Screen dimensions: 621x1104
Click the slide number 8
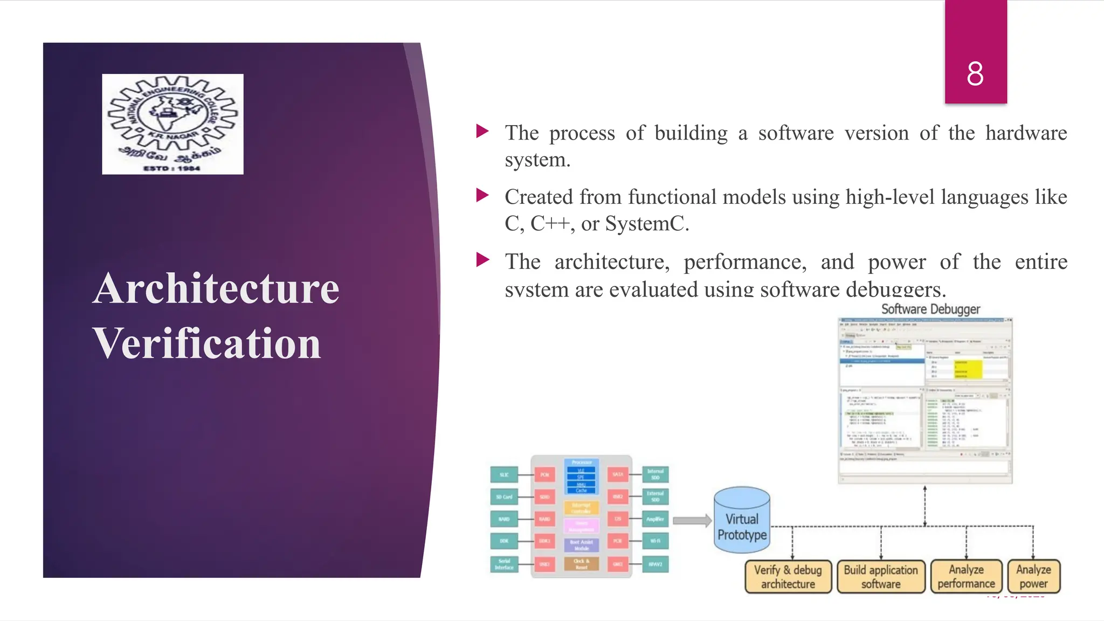[975, 74]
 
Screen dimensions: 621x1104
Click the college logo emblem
[172, 124]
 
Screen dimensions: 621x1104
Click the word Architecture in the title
[216, 289]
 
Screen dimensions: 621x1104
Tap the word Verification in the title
[207, 343]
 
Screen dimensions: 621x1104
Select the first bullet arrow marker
[482, 131]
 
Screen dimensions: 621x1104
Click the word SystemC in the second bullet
[646, 224]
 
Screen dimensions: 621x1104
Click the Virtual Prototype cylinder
[742, 521]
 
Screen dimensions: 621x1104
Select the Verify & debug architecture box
[788, 577]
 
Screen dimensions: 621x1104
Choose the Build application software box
[881, 577]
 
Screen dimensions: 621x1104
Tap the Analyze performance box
[966, 577]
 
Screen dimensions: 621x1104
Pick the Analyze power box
[1033, 577]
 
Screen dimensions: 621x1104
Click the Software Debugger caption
[930, 309]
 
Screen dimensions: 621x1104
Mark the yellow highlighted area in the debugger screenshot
[968, 369]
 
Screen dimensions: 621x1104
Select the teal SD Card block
[504, 497]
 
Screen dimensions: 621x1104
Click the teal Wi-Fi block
[655, 541]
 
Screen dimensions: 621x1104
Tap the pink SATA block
[618, 474]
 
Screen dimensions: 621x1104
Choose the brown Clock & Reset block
[581, 564]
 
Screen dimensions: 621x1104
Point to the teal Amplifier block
[655, 519]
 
